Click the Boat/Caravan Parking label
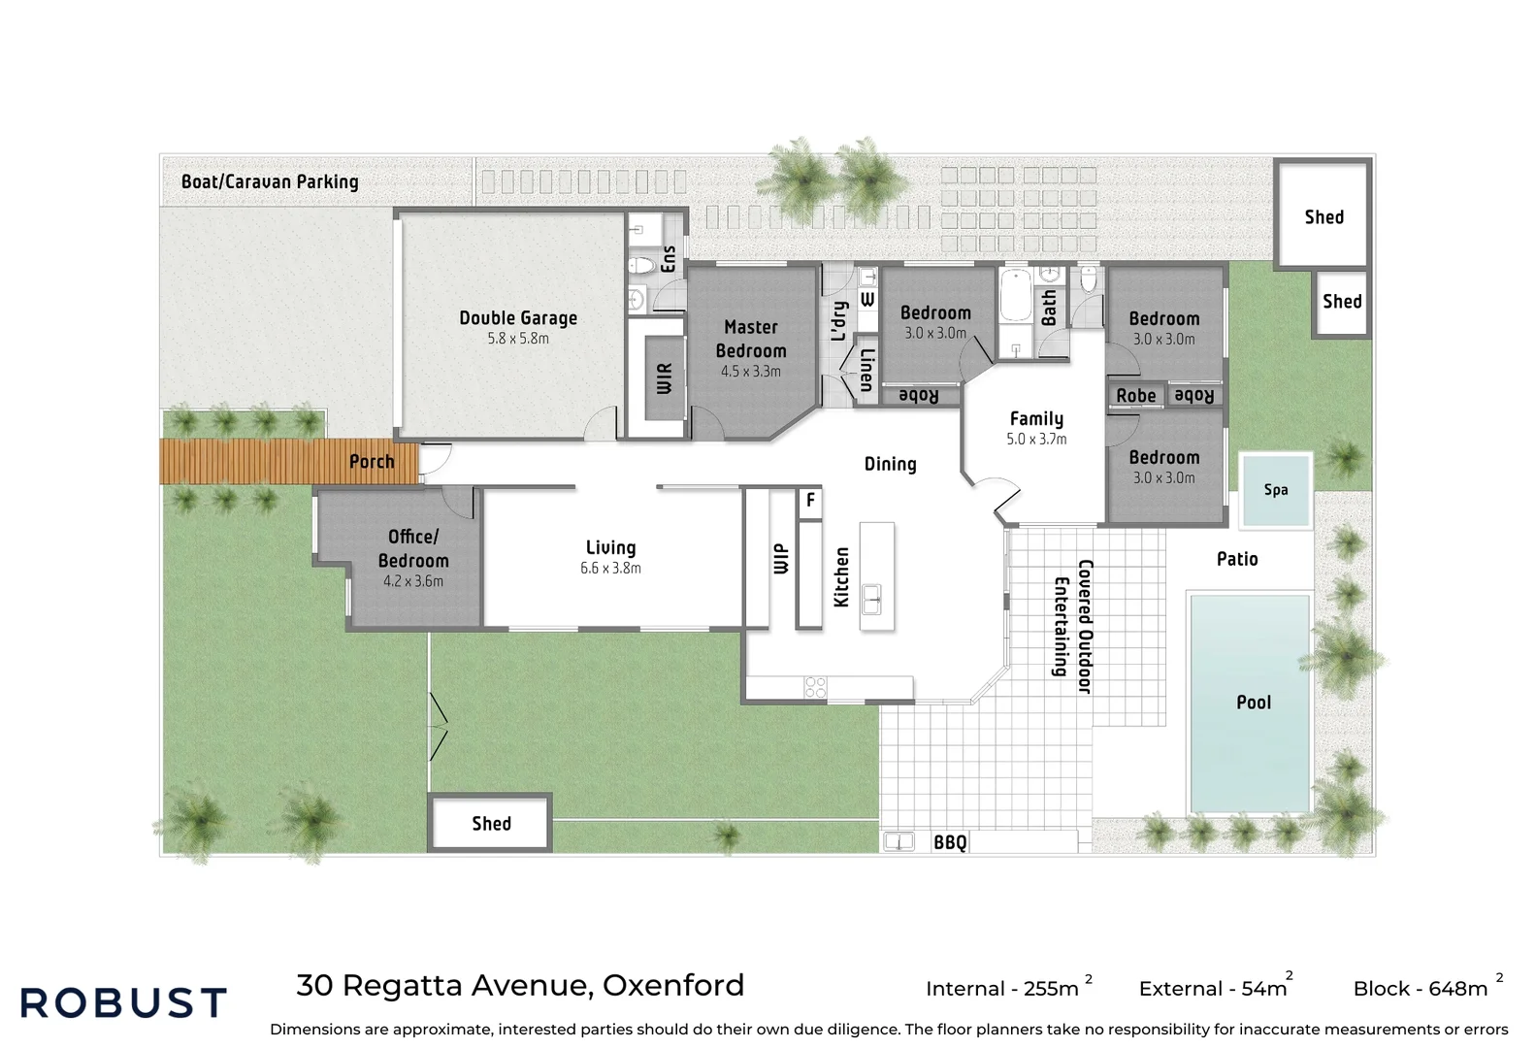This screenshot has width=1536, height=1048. (270, 181)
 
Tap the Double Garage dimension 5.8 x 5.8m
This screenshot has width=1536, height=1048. (518, 338)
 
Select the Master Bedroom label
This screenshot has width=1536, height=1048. (751, 339)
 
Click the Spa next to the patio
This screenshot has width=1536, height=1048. (1275, 490)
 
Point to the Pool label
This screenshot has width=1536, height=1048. (1254, 703)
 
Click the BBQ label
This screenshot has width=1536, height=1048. (950, 842)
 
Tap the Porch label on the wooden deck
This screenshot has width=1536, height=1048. (372, 462)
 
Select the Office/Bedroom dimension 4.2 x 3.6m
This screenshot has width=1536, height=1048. (412, 581)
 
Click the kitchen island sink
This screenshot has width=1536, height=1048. (871, 598)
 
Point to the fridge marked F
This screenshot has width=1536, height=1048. (810, 502)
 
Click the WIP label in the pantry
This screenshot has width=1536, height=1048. (780, 558)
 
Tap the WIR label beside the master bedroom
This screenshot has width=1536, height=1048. (664, 378)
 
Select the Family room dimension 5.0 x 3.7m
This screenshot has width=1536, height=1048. (1036, 439)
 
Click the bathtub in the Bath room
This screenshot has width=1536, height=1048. (1016, 296)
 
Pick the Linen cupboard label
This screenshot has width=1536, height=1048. (866, 370)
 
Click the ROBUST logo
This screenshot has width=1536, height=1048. (123, 1002)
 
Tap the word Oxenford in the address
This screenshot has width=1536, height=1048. (673, 986)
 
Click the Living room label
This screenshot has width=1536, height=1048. (610, 547)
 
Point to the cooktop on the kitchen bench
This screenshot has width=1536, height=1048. (815, 687)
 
